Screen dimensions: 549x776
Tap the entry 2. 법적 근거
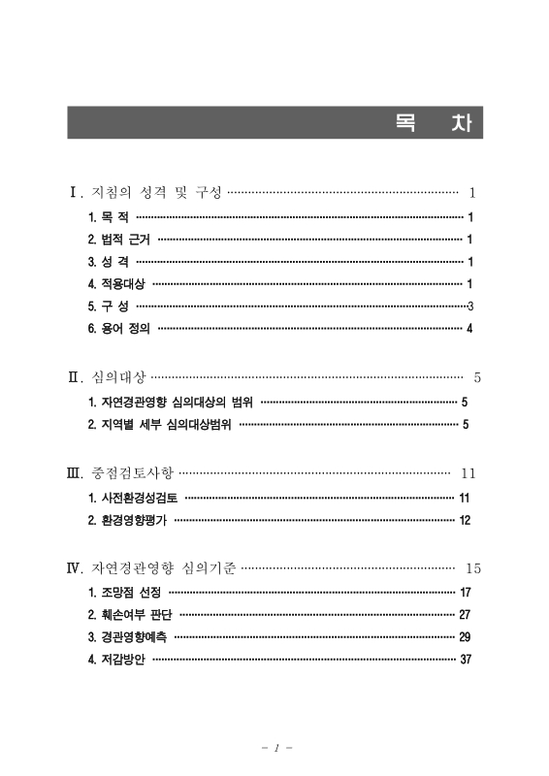pos(118,240)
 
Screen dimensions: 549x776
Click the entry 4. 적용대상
pos(116,284)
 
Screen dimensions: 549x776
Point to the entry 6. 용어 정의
pos(118,329)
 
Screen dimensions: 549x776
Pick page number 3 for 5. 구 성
pos(469,307)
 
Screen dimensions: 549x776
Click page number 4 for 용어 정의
pos(469,329)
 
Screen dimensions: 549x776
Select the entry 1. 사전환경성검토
pos(132,499)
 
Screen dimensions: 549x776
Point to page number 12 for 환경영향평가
pos(465,521)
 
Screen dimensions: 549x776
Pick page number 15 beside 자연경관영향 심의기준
pos(473,568)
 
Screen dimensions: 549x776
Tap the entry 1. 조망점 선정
pos(124,592)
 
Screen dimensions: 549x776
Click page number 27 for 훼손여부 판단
pos(465,615)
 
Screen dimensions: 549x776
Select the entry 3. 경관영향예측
pos(127,637)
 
